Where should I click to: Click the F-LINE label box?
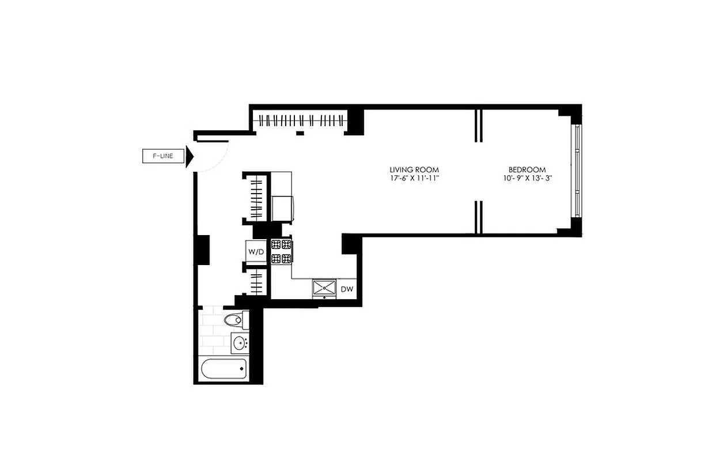(162, 156)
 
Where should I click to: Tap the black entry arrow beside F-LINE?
(189, 156)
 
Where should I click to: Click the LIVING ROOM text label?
(414, 169)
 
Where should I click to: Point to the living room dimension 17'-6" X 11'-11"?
(414, 178)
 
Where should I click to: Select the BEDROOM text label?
(527, 169)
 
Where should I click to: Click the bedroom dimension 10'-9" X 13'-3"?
(527, 178)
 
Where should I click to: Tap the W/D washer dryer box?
(256, 252)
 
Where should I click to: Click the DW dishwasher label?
(346, 289)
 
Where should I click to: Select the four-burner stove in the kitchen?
(281, 251)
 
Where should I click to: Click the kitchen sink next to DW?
(325, 288)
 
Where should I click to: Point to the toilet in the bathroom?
(235, 320)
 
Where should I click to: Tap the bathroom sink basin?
(240, 343)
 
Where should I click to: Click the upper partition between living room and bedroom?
(478, 125)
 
